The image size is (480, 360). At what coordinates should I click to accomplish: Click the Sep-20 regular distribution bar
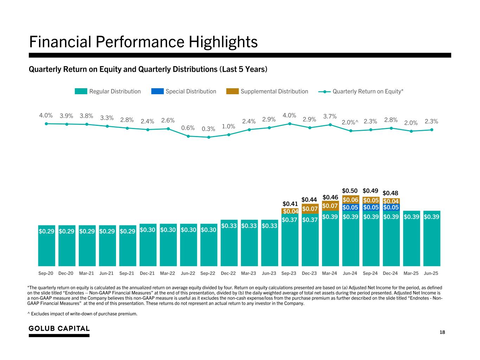(x=46, y=246)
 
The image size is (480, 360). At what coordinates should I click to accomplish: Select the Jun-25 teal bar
(x=432, y=243)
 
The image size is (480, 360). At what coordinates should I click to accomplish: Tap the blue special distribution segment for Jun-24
(x=350, y=207)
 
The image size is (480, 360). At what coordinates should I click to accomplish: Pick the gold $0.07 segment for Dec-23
(x=310, y=209)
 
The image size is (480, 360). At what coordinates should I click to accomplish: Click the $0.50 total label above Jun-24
(x=350, y=191)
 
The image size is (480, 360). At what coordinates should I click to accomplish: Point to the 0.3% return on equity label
(x=209, y=129)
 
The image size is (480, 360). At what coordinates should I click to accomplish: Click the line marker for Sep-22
(x=209, y=137)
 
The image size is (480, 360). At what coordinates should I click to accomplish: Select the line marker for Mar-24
(x=330, y=124)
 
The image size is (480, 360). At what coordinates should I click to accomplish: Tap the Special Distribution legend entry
(x=184, y=91)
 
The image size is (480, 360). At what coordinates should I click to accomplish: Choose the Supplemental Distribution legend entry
(x=267, y=91)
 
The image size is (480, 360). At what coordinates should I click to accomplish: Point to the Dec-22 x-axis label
(x=228, y=273)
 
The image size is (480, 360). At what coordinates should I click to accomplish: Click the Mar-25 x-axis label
(x=411, y=273)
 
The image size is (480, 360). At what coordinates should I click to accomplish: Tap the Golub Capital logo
(x=59, y=329)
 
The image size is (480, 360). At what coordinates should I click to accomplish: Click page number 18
(x=442, y=332)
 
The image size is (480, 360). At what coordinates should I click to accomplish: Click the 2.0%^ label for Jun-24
(x=350, y=122)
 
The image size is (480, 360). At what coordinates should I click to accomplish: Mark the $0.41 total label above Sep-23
(x=290, y=204)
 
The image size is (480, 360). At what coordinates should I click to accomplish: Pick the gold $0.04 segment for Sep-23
(x=290, y=211)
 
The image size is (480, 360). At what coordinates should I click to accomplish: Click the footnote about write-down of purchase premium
(x=82, y=314)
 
